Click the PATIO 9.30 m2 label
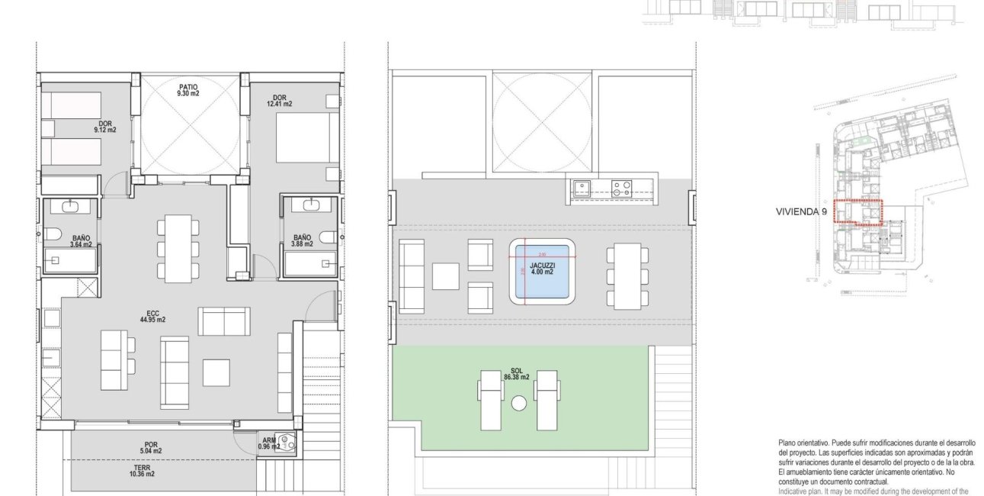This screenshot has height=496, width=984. click(188, 90)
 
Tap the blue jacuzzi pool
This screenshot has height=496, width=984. click(542, 271)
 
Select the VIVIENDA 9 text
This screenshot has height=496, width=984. click(801, 213)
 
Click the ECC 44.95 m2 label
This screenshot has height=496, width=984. click(153, 317)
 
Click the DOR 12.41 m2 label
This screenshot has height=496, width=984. click(279, 101)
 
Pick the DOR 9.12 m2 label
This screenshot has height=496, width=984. click(107, 127)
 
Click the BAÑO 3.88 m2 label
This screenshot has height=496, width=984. click(302, 241)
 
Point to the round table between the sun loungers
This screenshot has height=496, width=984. click(520, 403)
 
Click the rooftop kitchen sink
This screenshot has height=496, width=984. click(583, 187)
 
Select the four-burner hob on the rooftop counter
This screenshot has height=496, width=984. click(621, 187)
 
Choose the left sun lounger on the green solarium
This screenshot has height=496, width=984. click(490, 399)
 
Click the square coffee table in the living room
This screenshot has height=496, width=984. click(216, 372)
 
